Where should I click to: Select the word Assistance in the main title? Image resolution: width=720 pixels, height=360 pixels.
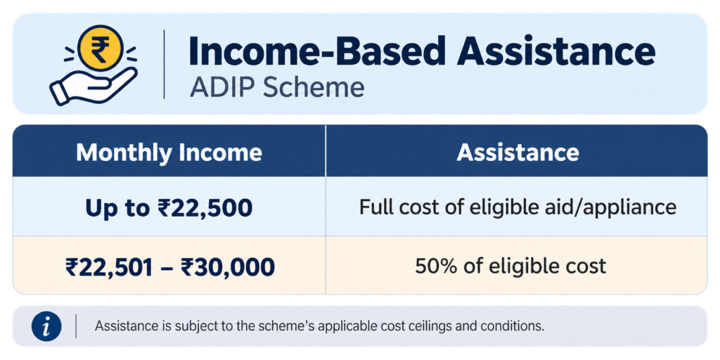(x=557, y=51)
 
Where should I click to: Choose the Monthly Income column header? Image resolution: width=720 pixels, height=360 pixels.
(x=169, y=153)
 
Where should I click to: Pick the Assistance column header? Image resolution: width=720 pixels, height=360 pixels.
(x=517, y=153)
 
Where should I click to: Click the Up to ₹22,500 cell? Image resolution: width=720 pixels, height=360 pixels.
(x=169, y=208)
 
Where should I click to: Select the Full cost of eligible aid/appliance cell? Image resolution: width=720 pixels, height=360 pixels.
(x=517, y=208)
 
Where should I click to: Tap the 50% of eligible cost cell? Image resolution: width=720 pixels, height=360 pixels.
(x=510, y=266)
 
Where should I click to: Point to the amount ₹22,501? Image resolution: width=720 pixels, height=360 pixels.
(x=108, y=266)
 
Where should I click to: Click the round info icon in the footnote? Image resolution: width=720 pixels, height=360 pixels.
(x=46, y=326)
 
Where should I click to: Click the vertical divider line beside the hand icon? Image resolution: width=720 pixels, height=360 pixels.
(x=164, y=64)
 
